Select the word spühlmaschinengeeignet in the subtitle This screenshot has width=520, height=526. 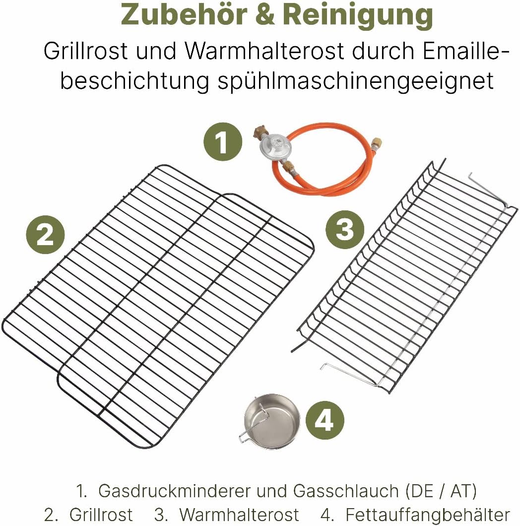click(x=356, y=81)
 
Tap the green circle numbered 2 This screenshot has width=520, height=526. click(x=45, y=234)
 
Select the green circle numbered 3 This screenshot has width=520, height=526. click(x=345, y=230)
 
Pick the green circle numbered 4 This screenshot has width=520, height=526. click(x=324, y=422)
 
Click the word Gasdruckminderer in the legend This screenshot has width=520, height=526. click(x=176, y=491)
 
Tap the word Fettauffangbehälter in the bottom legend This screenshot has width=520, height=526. click(x=428, y=515)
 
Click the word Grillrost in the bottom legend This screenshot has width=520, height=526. click(x=101, y=515)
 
